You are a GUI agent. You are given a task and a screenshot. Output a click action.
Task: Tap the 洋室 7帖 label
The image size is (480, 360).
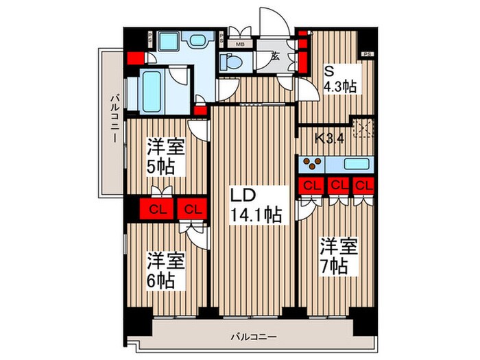pyautogui.click(x=339, y=256)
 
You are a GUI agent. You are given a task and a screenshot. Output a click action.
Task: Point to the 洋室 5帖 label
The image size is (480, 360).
pyautogui.click(x=166, y=156)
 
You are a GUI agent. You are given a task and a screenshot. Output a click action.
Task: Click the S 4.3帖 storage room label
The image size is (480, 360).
pyautogui.click(x=340, y=80)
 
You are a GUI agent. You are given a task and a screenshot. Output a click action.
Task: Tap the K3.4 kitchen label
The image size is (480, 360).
pyautogui.click(x=330, y=139)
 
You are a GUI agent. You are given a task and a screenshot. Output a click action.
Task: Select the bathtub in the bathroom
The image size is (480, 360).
pyautogui.click(x=152, y=91)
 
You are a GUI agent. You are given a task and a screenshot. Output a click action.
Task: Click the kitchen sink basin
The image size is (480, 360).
pyautogui.click(x=357, y=164)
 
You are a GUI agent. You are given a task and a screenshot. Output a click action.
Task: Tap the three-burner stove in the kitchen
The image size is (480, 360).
pyautogui.click(x=312, y=164)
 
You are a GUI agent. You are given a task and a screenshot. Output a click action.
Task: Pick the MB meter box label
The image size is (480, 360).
pyautogui.click(x=240, y=44)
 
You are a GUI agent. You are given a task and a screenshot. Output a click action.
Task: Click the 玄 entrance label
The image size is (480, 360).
pyautogui.click(x=275, y=56)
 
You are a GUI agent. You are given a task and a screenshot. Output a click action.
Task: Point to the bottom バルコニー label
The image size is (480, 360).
pyautogui.click(x=254, y=337)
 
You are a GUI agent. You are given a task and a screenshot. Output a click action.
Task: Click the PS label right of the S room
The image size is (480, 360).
pyautogui.click(x=368, y=54)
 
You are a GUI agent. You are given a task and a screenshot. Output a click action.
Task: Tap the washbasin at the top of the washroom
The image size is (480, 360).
pyautogui.click(x=197, y=40)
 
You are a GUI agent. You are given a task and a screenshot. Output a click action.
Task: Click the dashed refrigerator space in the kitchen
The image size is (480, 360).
pyautogui.click(x=363, y=128)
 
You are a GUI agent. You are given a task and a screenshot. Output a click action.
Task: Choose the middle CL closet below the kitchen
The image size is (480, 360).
pyautogui.click(x=338, y=186)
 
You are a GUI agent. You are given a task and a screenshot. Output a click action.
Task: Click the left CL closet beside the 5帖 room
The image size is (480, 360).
pyautogui.click(x=158, y=209)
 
